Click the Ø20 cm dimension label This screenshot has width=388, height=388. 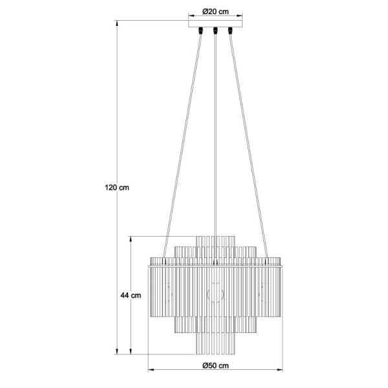click(x=215, y=12)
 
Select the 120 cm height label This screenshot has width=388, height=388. click(x=117, y=188)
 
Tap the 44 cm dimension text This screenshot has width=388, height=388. click(x=131, y=296)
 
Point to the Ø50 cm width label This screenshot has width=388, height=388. click(x=215, y=365)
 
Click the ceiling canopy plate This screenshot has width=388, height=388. click(x=215, y=24)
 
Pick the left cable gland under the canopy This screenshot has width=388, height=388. click(x=200, y=30)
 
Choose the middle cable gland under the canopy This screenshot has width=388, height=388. click(x=215, y=30)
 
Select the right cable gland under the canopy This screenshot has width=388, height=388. click(x=230, y=30)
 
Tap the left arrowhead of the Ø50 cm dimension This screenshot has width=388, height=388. click(x=151, y=370)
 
